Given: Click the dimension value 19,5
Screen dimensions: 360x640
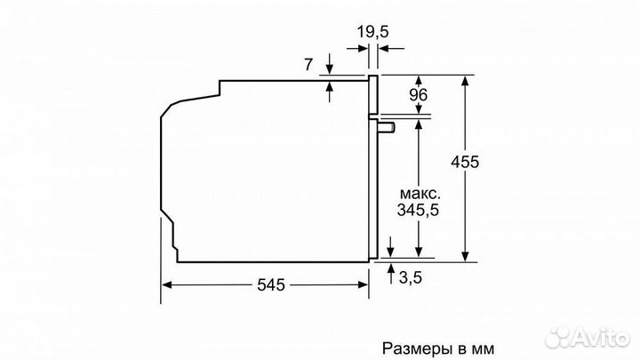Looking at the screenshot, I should point(373,31).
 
